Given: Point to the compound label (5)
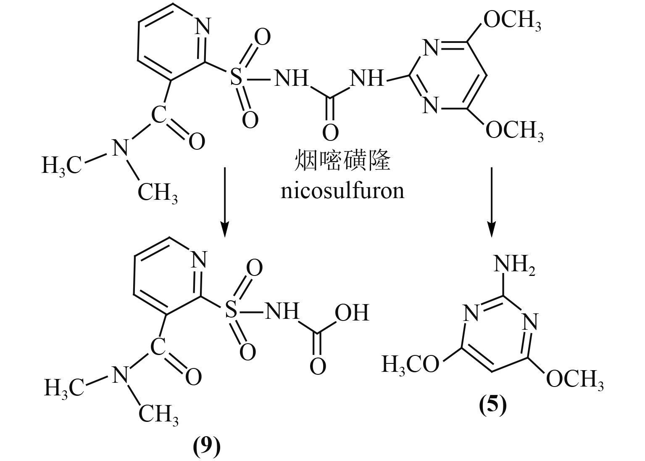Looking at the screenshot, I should click(x=493, y=405).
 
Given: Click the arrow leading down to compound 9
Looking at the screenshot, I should click(x=225, y=202).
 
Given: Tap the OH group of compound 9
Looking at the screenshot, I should click(x=352, y=312).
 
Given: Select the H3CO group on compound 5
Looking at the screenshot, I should click(x=410, y=364).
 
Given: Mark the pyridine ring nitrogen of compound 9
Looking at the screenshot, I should click(x=199, y=260).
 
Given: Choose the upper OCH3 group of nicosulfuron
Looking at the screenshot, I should click(x=512, y=21).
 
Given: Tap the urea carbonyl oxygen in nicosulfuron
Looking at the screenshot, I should click(x=330, y=132).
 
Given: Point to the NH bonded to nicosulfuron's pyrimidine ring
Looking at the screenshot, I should click(x=366, y=78).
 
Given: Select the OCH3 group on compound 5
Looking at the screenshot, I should click(x=574, y=379).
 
